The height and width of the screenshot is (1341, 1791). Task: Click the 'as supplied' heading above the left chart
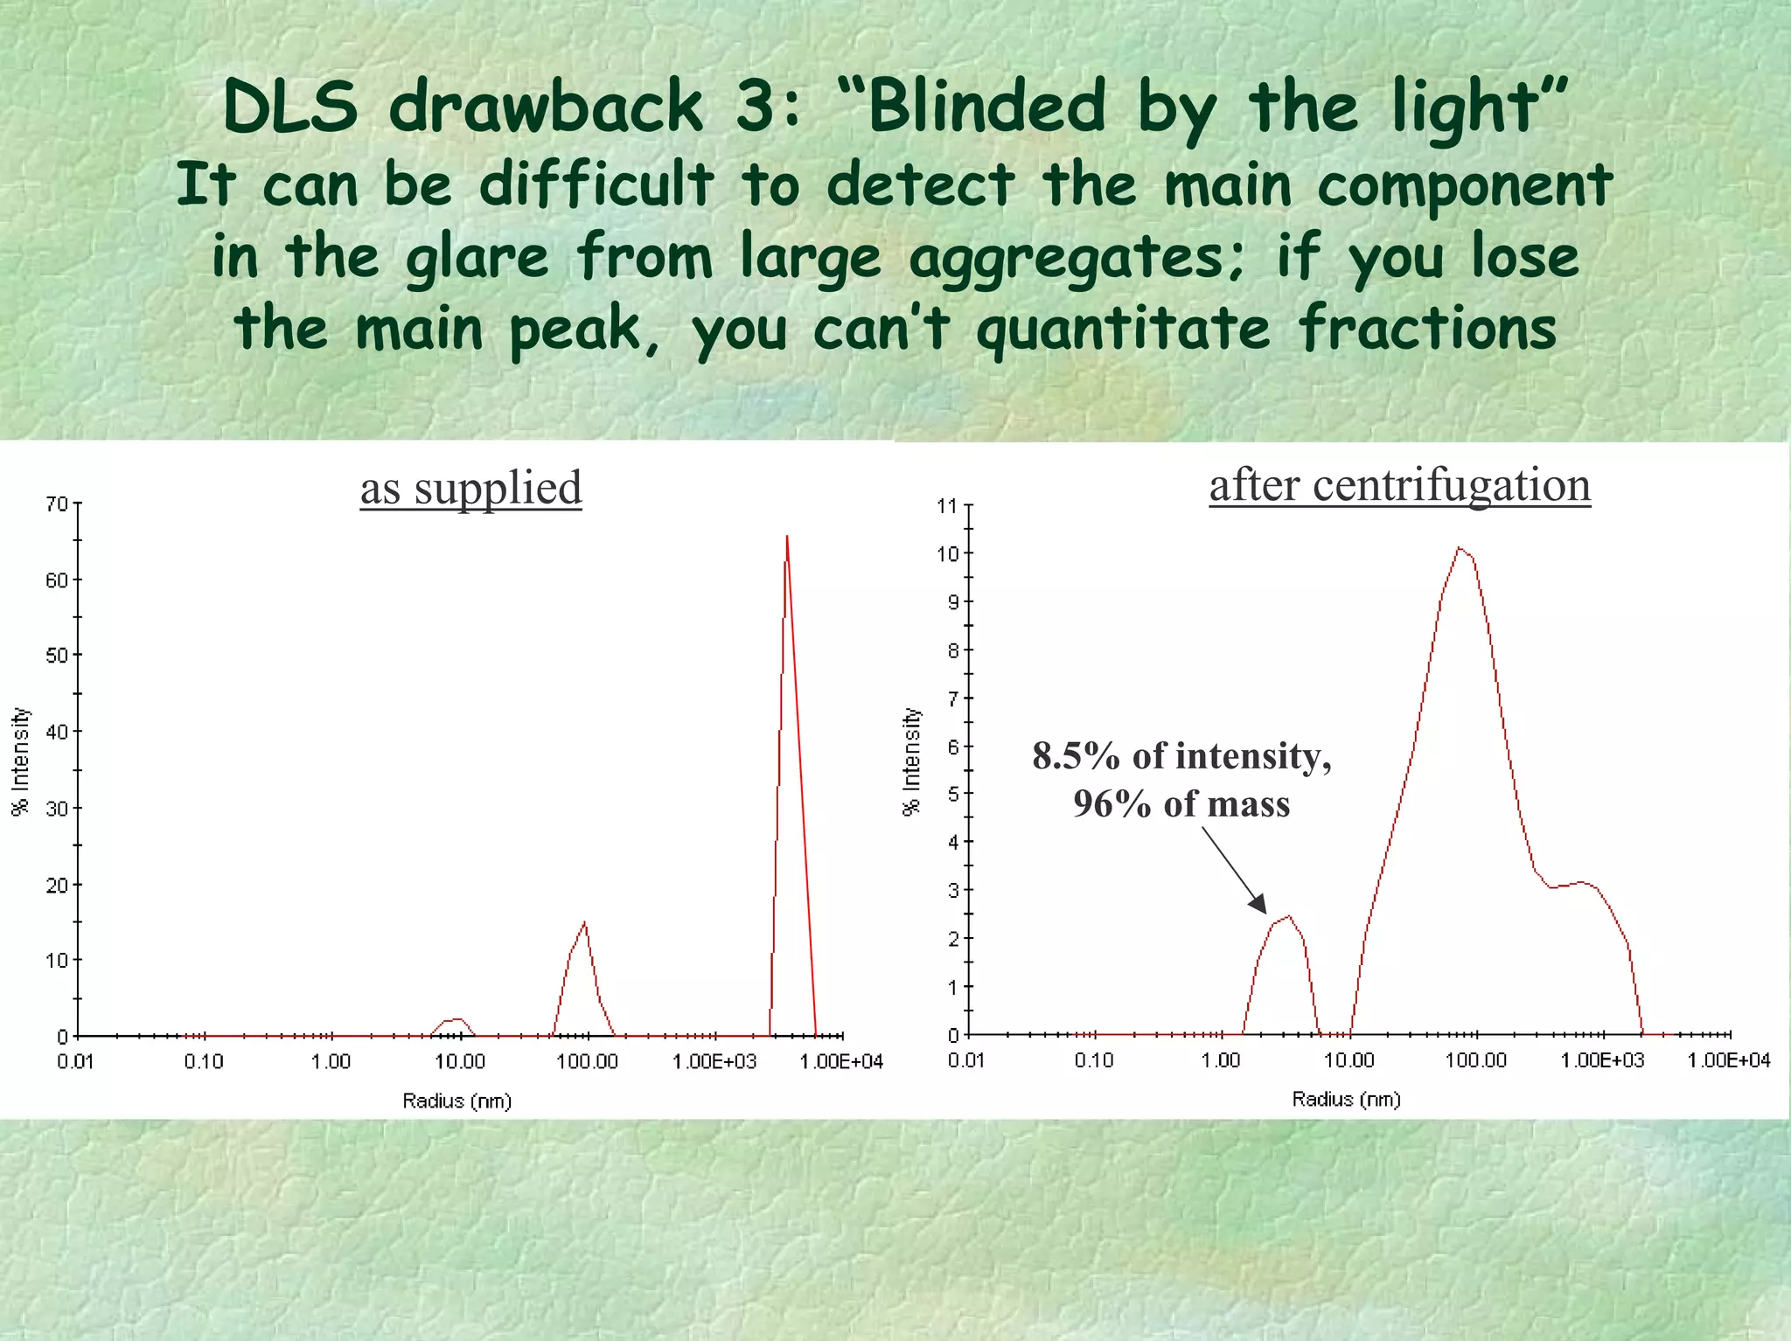coord(470,488)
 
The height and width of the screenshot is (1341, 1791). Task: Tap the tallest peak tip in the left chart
coord(787,538)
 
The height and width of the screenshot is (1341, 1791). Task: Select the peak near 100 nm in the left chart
coord(584,924)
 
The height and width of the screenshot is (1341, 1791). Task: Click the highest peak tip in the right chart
coord(1459,548)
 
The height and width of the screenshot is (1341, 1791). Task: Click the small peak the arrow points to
coord(1288,917)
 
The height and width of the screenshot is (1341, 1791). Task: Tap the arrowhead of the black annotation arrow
coord(1258,905)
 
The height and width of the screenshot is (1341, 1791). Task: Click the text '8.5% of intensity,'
coord(1181,756)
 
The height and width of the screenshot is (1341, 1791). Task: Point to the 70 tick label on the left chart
coord(56,504)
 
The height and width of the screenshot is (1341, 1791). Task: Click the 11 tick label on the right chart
coord(947,506)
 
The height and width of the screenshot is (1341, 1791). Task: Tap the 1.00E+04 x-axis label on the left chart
coord(841,1062)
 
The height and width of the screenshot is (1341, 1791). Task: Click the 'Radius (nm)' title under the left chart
coord(456,1101)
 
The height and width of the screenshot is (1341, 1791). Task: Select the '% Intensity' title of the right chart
coord(911,761)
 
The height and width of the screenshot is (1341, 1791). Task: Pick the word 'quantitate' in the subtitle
coord(1123,331)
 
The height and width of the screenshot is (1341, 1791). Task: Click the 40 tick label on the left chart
coord(56,732)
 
